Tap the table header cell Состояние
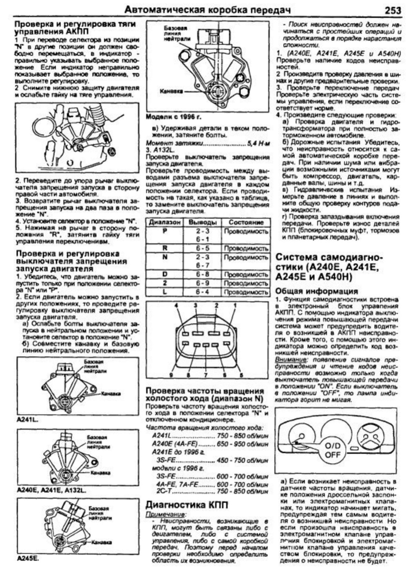tap(246, 222)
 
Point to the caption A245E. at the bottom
tap(28, 559)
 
